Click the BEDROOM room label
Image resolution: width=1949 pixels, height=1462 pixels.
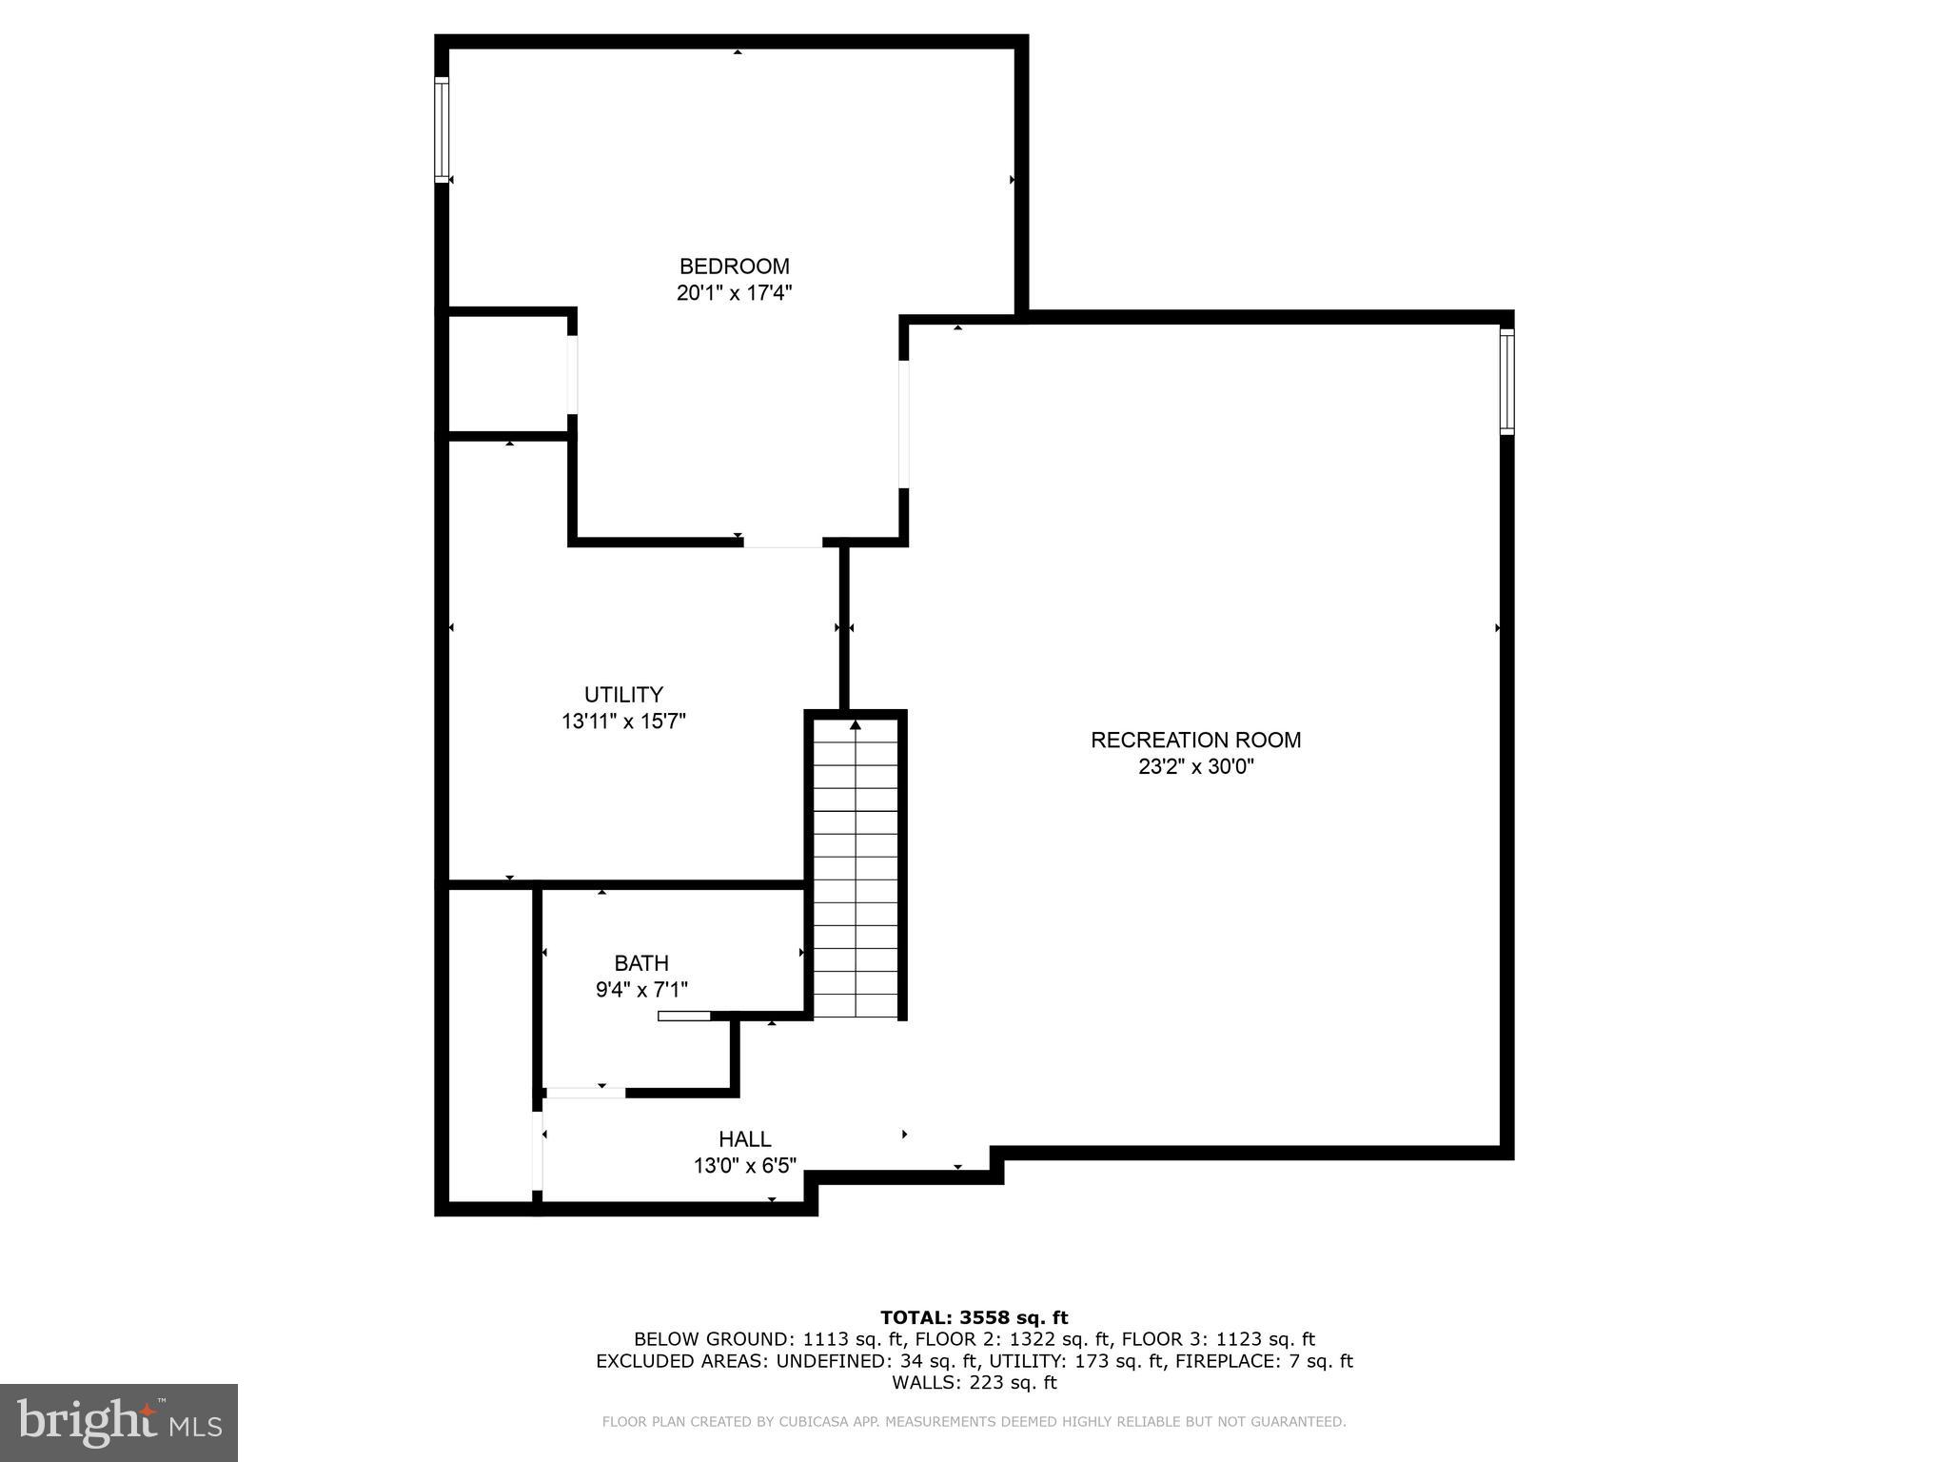pos(734,267)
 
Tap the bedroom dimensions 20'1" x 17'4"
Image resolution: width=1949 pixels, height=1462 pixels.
pos(734,293)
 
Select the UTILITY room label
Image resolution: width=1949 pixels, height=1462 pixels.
pos(623,695)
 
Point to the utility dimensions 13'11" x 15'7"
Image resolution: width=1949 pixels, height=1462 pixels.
pos(623,721)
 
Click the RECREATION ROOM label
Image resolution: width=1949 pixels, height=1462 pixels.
pos(1195,740)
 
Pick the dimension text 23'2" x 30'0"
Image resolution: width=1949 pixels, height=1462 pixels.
pos(1195,766)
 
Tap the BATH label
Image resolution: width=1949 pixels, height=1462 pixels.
pos(641,963)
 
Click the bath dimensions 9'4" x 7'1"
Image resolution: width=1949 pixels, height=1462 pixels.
pos(641,990)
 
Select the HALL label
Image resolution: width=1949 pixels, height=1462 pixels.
pos(744,1139)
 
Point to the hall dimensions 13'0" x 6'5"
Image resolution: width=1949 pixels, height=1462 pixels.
pos(744,1165)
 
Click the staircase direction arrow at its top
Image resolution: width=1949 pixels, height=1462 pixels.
pos(856,725)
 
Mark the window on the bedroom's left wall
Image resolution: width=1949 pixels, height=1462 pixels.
pos(442,129)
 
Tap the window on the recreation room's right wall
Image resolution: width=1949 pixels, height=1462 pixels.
pos(1506,381)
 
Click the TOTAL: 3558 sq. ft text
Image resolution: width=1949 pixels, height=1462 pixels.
pos(974,1317)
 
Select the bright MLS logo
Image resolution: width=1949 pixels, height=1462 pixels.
pos(119,1422)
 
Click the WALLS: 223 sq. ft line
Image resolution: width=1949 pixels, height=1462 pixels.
pos(974,1383)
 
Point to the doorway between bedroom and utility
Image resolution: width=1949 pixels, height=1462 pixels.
pos(782,543)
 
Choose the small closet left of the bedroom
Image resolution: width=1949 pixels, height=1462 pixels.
pos(508,373)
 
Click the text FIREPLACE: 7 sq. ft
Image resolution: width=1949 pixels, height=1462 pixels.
pos(1263,1361)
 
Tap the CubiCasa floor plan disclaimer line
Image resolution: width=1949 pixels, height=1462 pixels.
pos(974,1422)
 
